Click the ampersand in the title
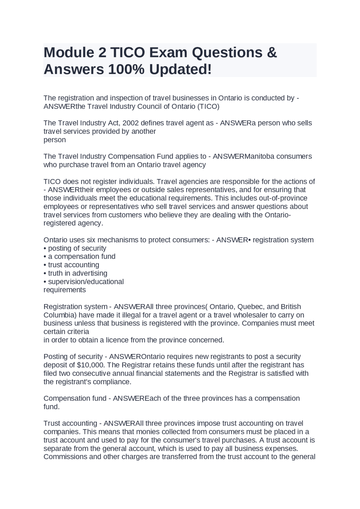(272, 53)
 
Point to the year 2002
(130, 123)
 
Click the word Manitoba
(259, 156)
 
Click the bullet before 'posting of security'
(45, 248)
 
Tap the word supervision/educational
(86, 282)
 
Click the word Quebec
(250, 307)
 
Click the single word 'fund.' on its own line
(51, 407)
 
